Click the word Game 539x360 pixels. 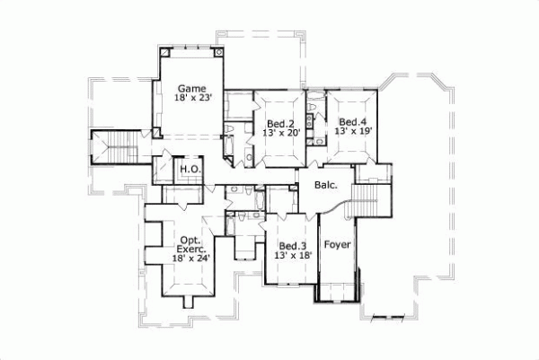191,88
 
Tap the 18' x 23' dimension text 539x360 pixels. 191,99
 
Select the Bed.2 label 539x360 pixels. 281,123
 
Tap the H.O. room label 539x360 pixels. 190,169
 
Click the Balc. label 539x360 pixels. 326,186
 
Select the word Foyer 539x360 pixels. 337,244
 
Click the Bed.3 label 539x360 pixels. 292,246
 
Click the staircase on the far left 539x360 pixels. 114,146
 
